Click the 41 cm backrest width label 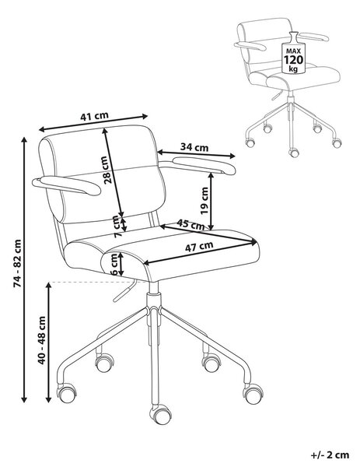(95, 115)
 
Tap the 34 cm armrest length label (194, 147)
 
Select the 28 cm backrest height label (107, 170)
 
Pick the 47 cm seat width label (199, 246)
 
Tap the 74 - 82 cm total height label (18, 263)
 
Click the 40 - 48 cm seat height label (42, 340)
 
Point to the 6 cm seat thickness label (114, 264)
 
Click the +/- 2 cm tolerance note (330, 455)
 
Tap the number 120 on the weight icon (294, 60)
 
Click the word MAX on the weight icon (294, 51)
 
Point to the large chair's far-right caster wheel (253, 394)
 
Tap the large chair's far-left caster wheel (67, 393)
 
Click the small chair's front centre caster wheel (294, 153)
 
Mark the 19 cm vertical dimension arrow (211, 202)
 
